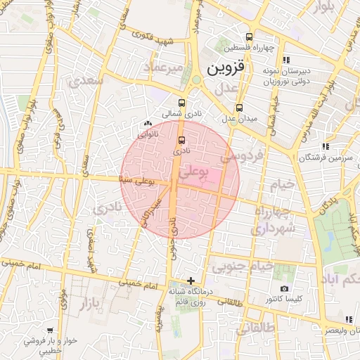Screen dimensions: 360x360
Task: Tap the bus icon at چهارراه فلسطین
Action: pos(249,37)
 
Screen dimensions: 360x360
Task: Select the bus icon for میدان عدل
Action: pos(240,108)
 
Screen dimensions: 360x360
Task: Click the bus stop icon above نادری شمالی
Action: pos(182,101)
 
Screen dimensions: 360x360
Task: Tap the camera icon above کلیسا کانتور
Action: pos(284,288)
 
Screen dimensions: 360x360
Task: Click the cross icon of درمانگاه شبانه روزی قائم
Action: pos(191,281)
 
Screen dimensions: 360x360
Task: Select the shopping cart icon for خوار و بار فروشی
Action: pos(50,330)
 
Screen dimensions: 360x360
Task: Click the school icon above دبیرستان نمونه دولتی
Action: pos(285,60)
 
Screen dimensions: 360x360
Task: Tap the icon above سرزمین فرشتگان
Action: pos(325,146)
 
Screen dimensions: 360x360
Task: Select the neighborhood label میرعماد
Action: pos(163,67)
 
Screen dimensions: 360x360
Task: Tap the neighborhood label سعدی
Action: pos(87,82)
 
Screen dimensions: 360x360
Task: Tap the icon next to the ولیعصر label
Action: pos(349,319)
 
